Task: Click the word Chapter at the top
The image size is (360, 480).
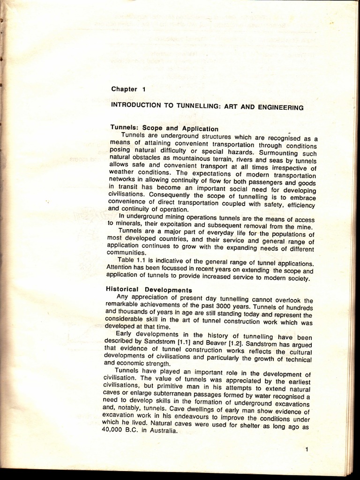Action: click(x=124, y=89)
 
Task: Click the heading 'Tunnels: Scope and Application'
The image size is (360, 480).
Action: click(x=164, y=128)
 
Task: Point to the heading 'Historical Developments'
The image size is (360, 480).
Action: click(x=149, y=290)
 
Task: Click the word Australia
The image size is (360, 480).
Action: click(x=161, y=431)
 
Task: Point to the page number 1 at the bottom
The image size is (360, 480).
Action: click(x=307, y=450)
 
